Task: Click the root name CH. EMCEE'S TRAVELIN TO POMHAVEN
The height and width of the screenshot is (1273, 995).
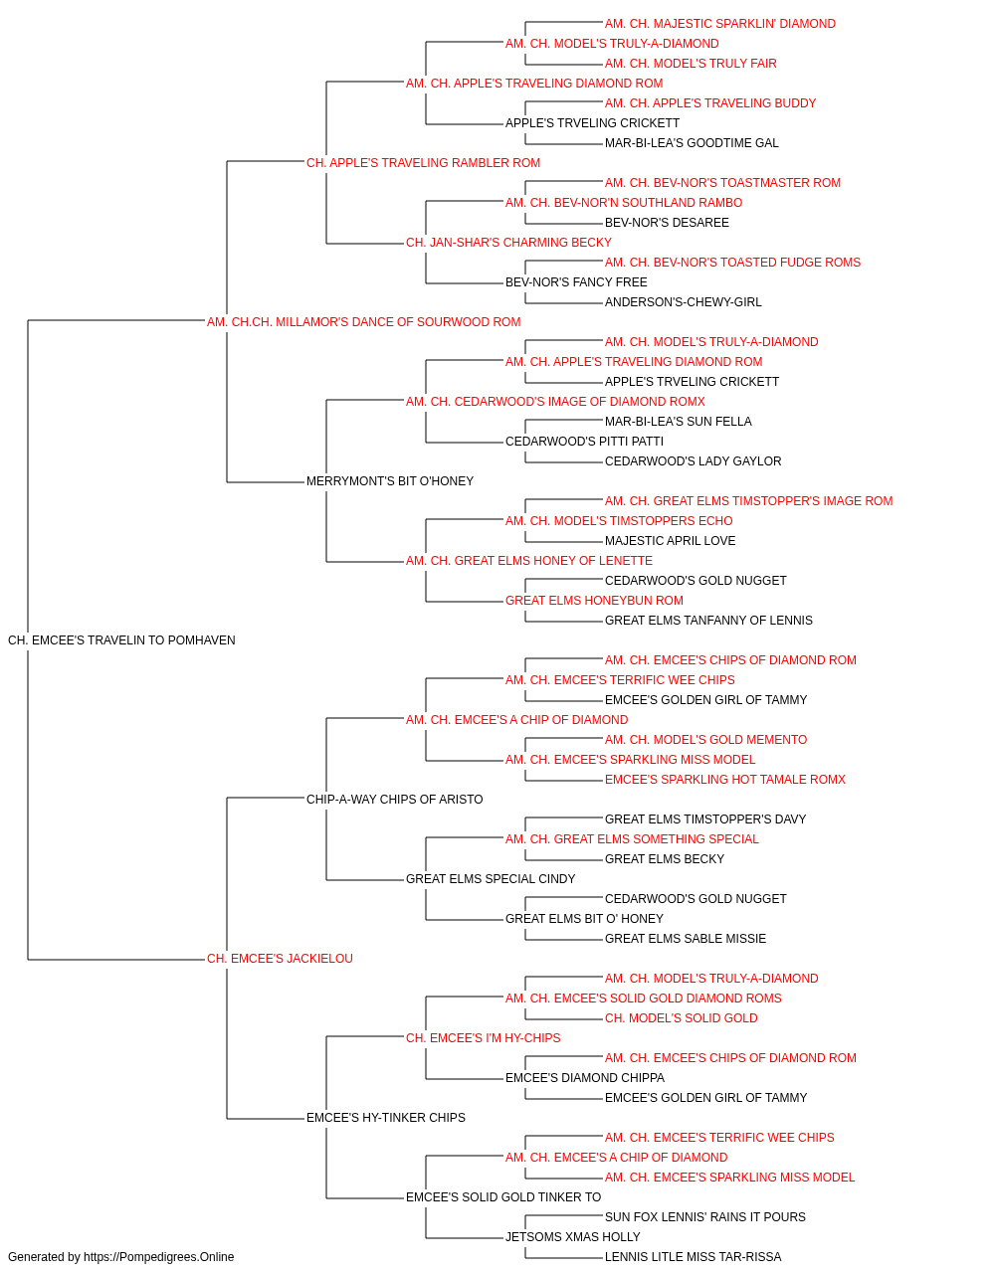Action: [121, 640]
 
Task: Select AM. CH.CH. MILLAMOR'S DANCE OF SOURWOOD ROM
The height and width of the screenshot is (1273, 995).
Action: [363, 322]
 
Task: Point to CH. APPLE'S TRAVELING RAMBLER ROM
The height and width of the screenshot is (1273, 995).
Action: [423, 163]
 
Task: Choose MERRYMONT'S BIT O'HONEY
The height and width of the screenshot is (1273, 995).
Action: [390, 481]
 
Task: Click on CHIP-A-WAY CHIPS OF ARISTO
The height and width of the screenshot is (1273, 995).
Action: [394, 800]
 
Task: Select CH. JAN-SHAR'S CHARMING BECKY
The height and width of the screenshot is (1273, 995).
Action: [508, 243]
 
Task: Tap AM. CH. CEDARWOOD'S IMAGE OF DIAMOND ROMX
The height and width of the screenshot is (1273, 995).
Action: [555, 402]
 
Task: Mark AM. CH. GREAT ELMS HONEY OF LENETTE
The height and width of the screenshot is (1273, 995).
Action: [529, 561]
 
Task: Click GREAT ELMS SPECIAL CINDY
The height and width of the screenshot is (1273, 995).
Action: [491, 879]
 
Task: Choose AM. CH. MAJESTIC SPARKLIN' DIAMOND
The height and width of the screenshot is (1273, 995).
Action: [720, 24]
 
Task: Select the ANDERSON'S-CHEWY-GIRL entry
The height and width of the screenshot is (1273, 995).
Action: [684, 302]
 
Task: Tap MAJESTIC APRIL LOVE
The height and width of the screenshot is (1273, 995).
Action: [670, 541]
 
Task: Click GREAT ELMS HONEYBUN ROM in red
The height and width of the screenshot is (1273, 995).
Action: [594, 601]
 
